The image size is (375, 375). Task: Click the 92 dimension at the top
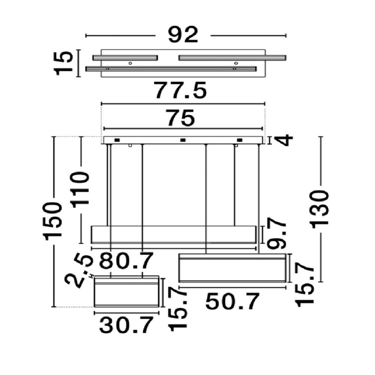click(x=183, y=35)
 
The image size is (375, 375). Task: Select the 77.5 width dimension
click(x=180, y=90)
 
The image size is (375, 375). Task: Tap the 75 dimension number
click(x=181, y=118)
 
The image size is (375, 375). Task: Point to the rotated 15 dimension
click(x=64, y=64)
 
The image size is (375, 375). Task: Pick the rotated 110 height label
click(x=80, y=190)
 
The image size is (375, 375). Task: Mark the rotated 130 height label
click(x=319, y=208)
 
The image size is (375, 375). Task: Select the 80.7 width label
click(x=126, y=261)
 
